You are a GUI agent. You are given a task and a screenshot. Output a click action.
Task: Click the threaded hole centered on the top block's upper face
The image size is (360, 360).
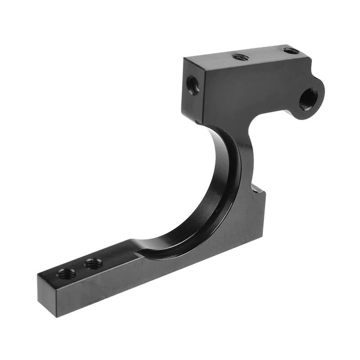[241, 57]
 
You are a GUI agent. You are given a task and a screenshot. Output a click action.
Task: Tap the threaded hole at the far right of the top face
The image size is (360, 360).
[291, 51]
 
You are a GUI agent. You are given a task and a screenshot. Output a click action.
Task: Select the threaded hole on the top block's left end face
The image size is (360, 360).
[193, 85]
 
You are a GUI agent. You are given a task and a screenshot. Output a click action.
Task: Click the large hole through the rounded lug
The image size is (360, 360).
[308, 99]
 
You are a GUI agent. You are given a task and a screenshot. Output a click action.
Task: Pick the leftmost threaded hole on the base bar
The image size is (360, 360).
[67, 273]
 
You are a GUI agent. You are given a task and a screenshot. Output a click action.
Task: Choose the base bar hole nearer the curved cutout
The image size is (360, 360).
[94, 264]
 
